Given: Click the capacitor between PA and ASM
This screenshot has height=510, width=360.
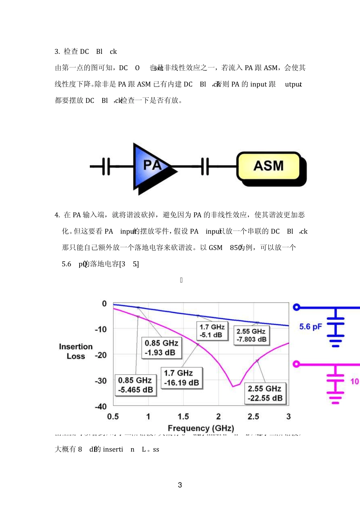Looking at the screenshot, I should (x=205, y=166).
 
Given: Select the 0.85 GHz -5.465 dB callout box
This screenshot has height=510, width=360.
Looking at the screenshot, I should (x=136, y=385).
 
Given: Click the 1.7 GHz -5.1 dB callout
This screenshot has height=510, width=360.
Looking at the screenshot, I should (x=212, y=331).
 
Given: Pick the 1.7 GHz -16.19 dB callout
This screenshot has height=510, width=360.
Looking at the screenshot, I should (x=182, y=378).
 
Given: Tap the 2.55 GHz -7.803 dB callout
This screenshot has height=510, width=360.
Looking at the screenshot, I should (x=251, y=335).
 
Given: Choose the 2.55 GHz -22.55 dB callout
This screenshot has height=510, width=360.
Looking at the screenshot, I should (x=265, y=393).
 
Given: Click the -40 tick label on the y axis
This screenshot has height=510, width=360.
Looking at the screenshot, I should (x=101, y=406).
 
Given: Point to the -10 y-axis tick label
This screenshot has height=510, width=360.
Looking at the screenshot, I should (x=101, y=329).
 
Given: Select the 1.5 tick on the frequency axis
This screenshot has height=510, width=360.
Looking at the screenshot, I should (x=183, y=416).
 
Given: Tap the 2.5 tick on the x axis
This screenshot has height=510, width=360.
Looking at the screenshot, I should (x=253, y=416).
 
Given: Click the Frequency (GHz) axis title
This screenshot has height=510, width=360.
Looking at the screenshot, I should (x=200, y=428).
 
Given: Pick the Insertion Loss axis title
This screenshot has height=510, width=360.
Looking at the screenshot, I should (x=76, y=351).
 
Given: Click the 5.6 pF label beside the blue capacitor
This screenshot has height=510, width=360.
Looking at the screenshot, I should (x=310, y=326).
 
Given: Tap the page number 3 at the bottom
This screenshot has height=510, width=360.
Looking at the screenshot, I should (x=180, y=485).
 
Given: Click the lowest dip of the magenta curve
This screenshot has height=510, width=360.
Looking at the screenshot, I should (x=233, y=386).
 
